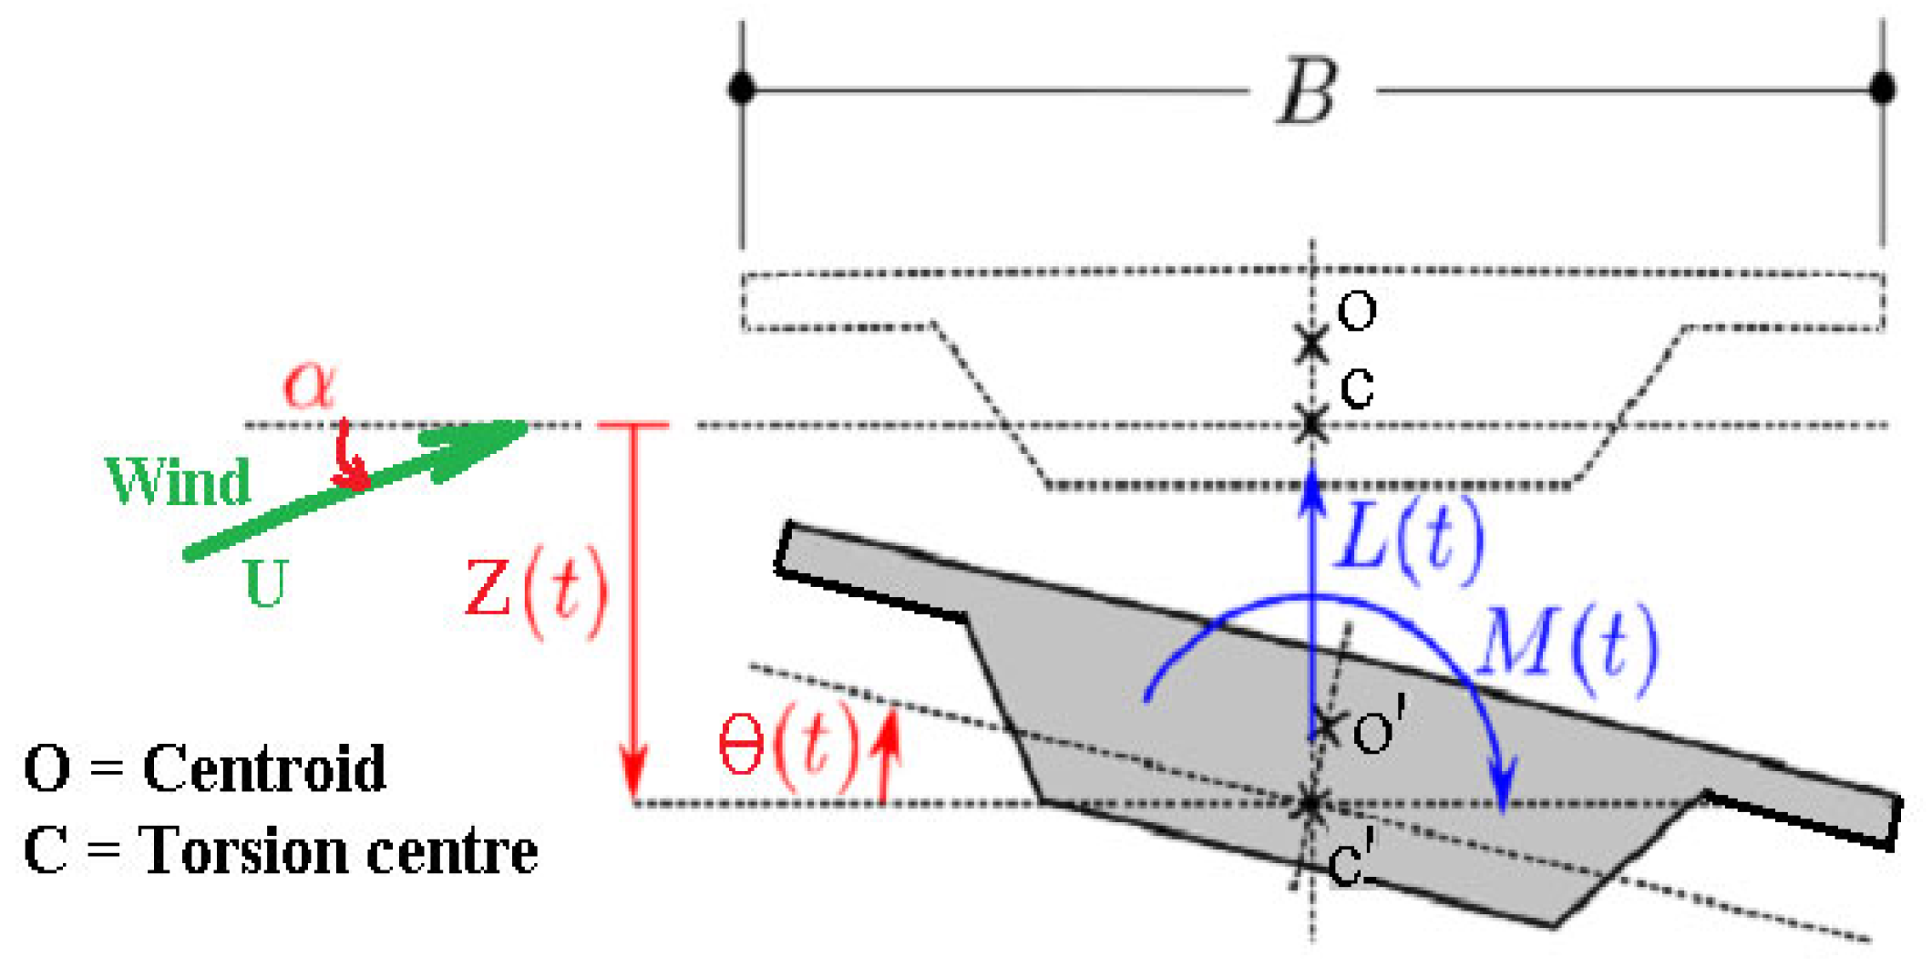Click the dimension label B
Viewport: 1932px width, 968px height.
pos(1308,91)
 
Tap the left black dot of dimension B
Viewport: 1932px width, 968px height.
pos(742,89)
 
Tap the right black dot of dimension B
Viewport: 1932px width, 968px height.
pos(1883,89)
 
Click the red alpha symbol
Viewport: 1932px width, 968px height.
pos(310,385)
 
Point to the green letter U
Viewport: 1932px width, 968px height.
pos(266,583)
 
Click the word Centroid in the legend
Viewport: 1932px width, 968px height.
pos(264,767)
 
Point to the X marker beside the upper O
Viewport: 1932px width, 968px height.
pos(1311,345)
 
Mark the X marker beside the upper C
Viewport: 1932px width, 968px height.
pos(1311,424)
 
